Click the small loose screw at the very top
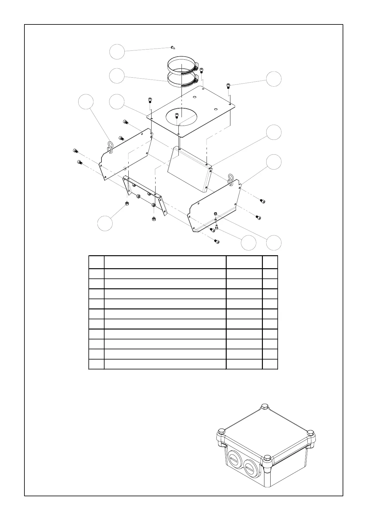[x=173, y=48]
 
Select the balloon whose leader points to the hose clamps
[x=117, y=76]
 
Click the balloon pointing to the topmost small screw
[x=117, y=52]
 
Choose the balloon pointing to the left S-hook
[x=86, y=102]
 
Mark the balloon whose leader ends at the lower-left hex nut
[x=105, y=223]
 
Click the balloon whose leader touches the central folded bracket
[x=274, y=132]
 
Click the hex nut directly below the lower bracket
[x=154, y=219]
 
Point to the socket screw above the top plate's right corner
[x=229, y=85]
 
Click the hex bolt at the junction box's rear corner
[x=265, y=407]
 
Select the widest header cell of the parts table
[x=165, y=262]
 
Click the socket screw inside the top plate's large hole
[x=177, y=116]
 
